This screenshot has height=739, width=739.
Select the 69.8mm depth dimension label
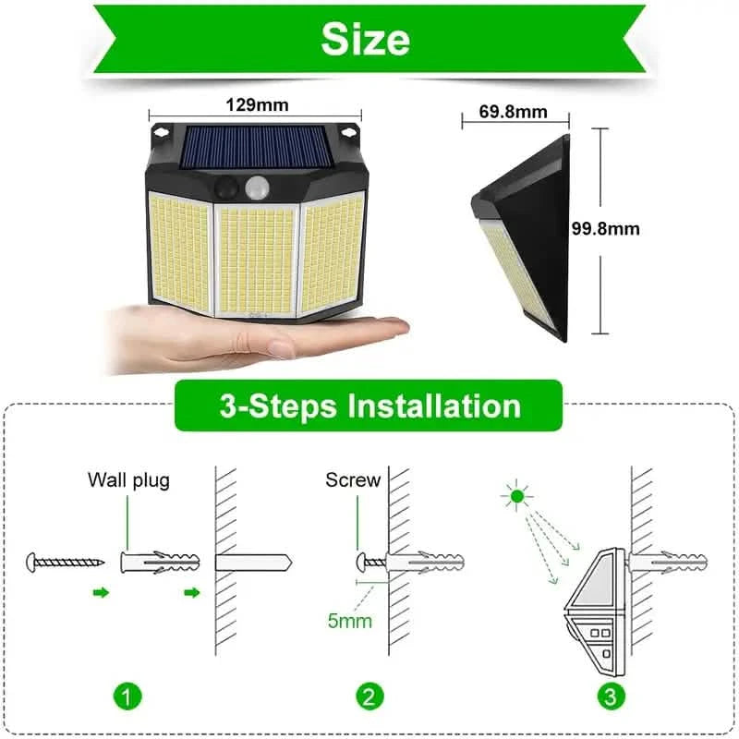tap(514, 113)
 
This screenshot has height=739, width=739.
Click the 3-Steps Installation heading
tap(369, 406)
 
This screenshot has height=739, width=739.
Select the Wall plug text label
tap(129, 479)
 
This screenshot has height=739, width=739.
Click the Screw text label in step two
tap(353, 479)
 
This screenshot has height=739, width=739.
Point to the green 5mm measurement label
tap(350, 620)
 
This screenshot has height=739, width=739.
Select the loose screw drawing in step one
tap(65, 561)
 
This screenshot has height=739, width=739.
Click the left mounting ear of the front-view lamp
tap(162, 131)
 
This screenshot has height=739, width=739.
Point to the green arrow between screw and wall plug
tap(102, 592)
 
